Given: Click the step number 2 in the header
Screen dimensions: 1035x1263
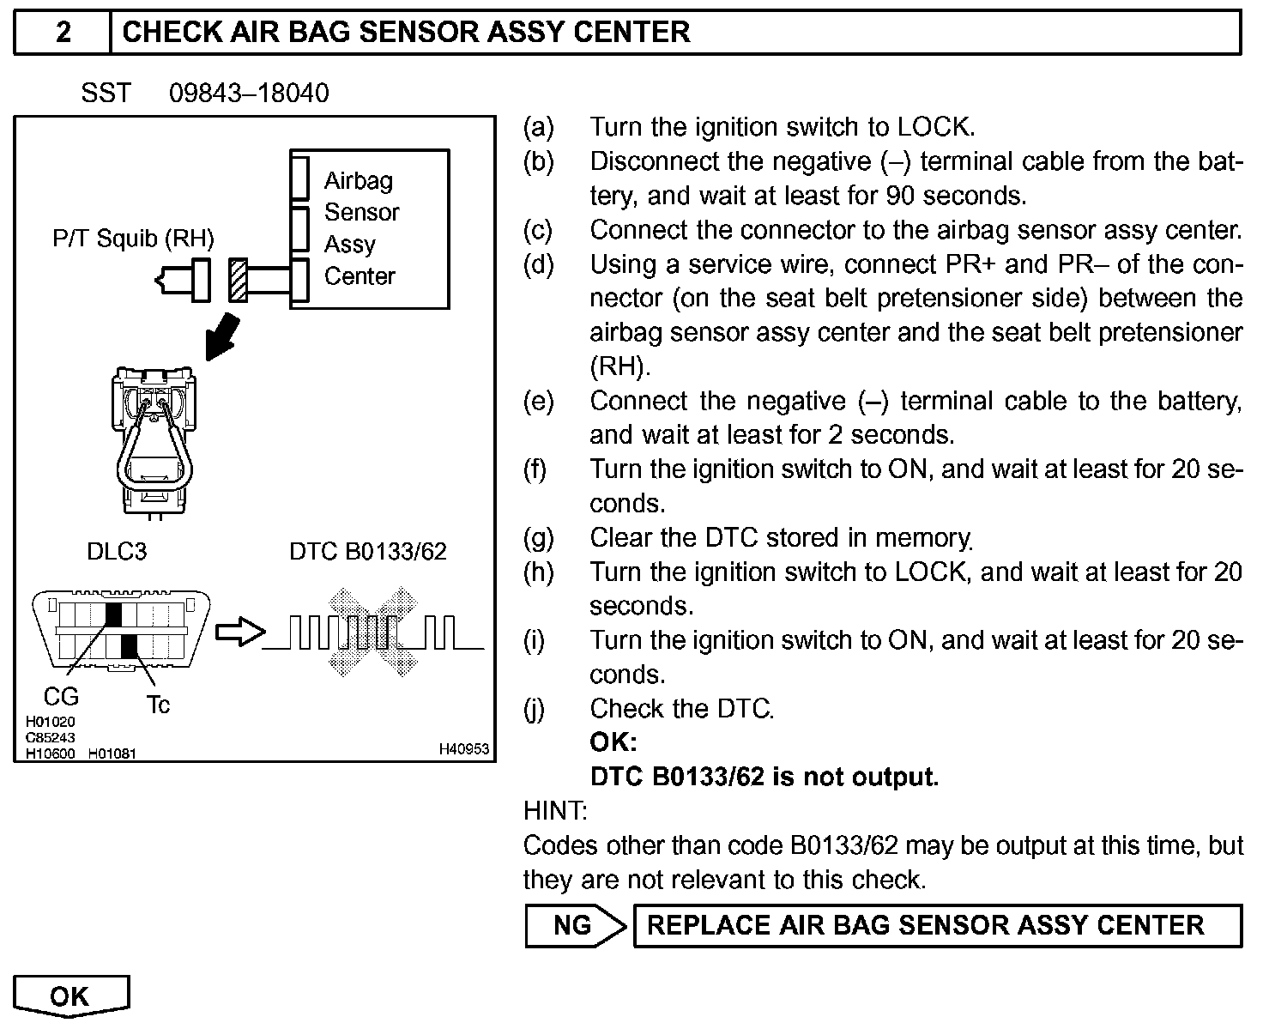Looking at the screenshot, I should pyautogui.click(x=63, y=33).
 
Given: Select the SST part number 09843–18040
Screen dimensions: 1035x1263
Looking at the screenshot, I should pyautogui.click(x=249, y=93).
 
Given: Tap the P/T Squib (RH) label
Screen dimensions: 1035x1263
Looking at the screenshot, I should pyautogui.click(x=133, y=238).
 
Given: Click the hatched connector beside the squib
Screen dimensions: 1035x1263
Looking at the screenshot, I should pyautogui.click(x=238, y=280).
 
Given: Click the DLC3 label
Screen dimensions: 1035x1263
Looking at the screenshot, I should pyautogui.click(x=117, y=551).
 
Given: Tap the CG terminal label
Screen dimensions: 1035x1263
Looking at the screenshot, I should pyautogui.click(x=61, y=696).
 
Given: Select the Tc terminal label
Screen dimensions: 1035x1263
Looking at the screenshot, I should pyautogui.click(x=158, y=705).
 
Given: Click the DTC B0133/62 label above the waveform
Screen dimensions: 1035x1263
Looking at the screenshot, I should pyautogui.click(x=368, y=551).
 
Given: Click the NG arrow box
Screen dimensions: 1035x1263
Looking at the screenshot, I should pyautogui.click(x=574, y=925).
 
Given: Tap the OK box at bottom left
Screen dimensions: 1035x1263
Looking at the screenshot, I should pyautogui.click(x=70, y=996).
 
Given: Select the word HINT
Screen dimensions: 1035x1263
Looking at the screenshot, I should pyautogui.click(x=555, y=810).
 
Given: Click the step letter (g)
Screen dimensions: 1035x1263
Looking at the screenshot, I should pyautogui.click(x=538, y=538).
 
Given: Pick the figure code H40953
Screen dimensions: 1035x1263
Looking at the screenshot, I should pyautogui.click(x=463, y=749).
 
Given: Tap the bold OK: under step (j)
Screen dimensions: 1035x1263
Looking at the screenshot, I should pyautogui.click(x=613, y=742).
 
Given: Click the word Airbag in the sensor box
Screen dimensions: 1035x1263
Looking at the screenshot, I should pyautogui.click(x=359, y=180).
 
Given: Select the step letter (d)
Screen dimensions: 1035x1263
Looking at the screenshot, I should pyautogui.click(x=538, y=264).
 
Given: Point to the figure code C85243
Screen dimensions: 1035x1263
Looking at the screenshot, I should pyautogui.click(x=50, y=737).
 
